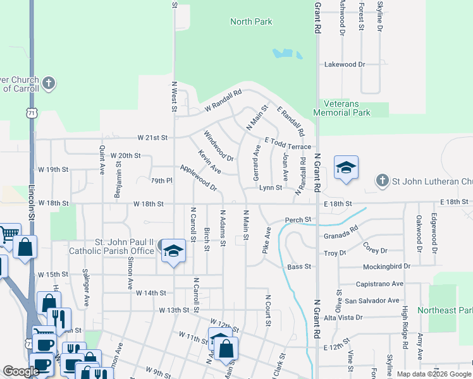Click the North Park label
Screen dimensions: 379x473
(251, 21)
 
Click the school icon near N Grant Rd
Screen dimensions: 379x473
(346, 168)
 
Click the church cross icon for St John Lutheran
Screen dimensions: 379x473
(382, 181)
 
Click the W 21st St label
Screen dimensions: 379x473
(152, 138)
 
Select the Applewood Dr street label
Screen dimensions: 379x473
(199, 179)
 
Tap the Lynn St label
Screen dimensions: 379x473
(270, 188)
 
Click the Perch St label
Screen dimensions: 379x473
(298, 220)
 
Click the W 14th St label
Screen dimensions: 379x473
(150, 293)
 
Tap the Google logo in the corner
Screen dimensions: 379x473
(21, 371)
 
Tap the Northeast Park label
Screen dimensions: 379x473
(450, 310)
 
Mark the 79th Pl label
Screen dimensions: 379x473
(161, 181)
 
